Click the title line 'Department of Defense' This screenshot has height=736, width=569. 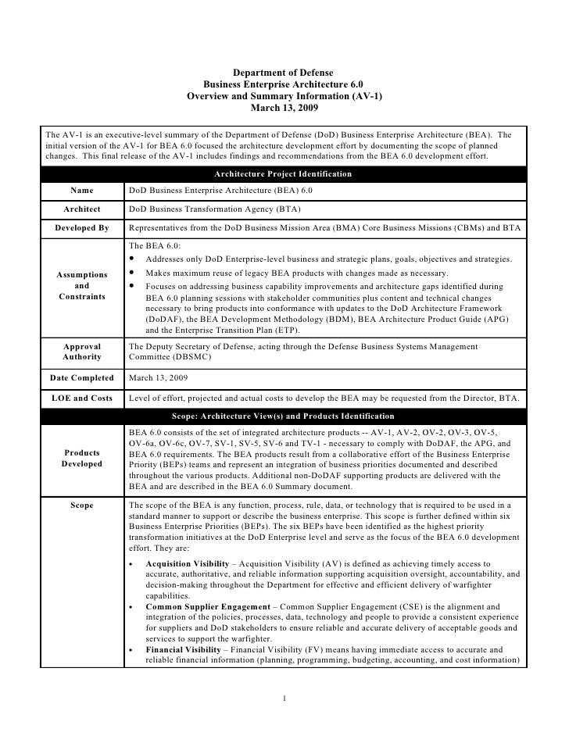(x=284, y=72)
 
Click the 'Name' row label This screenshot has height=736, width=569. (x=82, y=191)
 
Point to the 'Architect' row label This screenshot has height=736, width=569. (x=82, y=209)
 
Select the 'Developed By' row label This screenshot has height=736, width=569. (x=82, y=228)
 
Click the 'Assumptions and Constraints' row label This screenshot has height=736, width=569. (x=82, y=286)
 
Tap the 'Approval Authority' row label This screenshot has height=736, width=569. (x=82, y=351)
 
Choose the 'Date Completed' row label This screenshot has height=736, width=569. (x=82, y=378)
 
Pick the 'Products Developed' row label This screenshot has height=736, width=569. (x=82, y=458)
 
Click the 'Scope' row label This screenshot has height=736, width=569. (x=82, y=506)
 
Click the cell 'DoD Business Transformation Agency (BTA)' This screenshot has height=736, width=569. (x=214, y=209)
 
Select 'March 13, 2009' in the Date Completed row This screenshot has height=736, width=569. (x=159, y=378)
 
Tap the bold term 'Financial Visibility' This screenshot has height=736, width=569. (x=179, y=649)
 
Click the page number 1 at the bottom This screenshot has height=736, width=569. (x=284, y=698)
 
